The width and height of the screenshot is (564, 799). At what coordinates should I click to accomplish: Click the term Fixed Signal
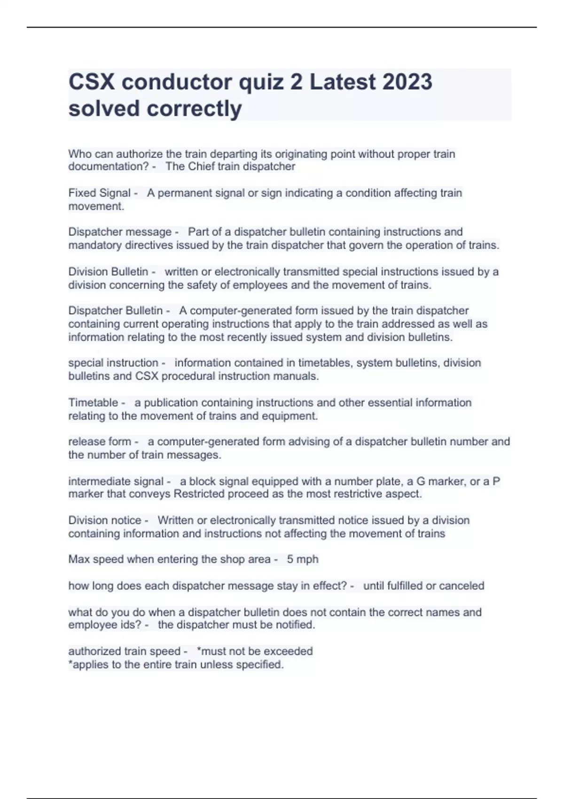coord(99,193)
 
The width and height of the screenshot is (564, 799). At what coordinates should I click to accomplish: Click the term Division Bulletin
coord(108,272)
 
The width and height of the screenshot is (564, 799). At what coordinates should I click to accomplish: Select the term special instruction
coord(113,363)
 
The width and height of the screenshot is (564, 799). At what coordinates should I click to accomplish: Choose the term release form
coord(100,441)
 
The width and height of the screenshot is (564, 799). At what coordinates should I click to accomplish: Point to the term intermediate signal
coord(116,481)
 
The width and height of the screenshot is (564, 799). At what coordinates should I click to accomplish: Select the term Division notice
coord(105,520)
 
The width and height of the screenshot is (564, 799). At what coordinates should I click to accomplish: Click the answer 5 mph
coord(303,559)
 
